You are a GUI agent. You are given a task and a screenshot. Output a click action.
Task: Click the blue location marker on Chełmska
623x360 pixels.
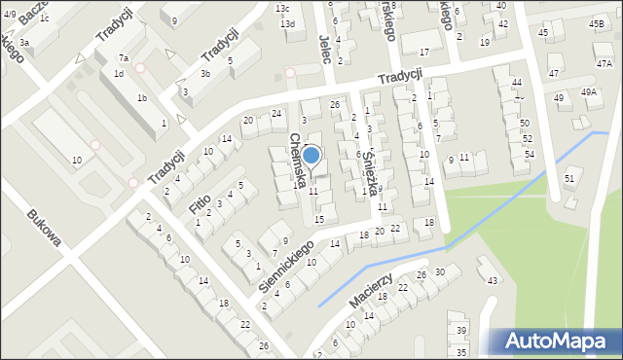coord(311,155)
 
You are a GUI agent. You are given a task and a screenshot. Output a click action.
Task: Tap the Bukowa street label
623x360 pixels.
coord(45,229)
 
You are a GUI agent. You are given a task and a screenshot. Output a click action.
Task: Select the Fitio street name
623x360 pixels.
coord(201,208)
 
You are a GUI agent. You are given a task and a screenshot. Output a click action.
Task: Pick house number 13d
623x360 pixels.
coord(287,23)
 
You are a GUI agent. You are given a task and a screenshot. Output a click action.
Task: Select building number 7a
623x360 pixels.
coord(123,58)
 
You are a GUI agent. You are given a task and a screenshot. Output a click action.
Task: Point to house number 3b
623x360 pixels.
coord(204,73)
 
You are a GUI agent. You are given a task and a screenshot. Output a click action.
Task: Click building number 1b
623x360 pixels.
coord(142,97)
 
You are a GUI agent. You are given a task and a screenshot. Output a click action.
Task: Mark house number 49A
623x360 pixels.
coord(589,91)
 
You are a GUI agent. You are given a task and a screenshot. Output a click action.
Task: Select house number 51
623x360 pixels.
coord(569,179)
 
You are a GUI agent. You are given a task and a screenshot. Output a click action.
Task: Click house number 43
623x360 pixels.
coord(493,281)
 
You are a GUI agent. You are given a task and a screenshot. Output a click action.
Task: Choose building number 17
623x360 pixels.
coord(423,51)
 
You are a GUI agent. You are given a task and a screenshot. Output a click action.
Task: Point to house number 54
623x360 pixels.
coord(529,155)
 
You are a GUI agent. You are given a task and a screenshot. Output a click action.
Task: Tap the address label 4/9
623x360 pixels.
coord(9,14)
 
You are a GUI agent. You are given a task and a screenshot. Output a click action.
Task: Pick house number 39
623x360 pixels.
coord(460,331)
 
